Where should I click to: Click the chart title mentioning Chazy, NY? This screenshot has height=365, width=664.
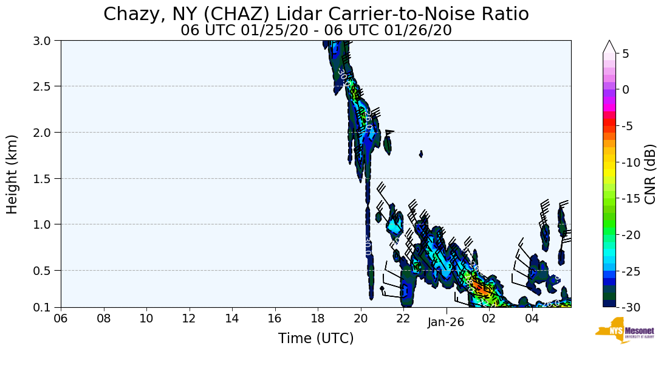point(316,14)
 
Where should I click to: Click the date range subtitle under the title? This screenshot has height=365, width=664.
point(316,30)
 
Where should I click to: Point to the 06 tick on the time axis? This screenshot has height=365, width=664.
point(61,318)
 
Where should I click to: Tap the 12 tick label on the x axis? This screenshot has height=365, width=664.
point(189,318)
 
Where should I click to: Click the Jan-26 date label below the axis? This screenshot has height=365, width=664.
point(445,323)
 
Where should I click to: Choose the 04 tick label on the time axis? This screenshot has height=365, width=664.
point(532,318)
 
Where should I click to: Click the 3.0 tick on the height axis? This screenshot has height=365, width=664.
point(46,41)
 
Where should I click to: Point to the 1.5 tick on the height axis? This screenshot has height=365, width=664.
point(46,178)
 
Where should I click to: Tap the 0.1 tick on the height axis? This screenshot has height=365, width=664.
point(46,307)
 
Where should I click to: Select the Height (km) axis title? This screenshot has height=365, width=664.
point(13,174)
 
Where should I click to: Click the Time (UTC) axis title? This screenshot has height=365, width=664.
point(316,338)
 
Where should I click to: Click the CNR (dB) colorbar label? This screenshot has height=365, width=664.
point(649,175)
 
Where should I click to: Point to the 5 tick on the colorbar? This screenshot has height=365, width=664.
point(625,54)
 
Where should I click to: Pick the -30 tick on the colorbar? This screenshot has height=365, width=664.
point(630,307)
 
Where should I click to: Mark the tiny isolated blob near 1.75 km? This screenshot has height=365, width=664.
point(421,154)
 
